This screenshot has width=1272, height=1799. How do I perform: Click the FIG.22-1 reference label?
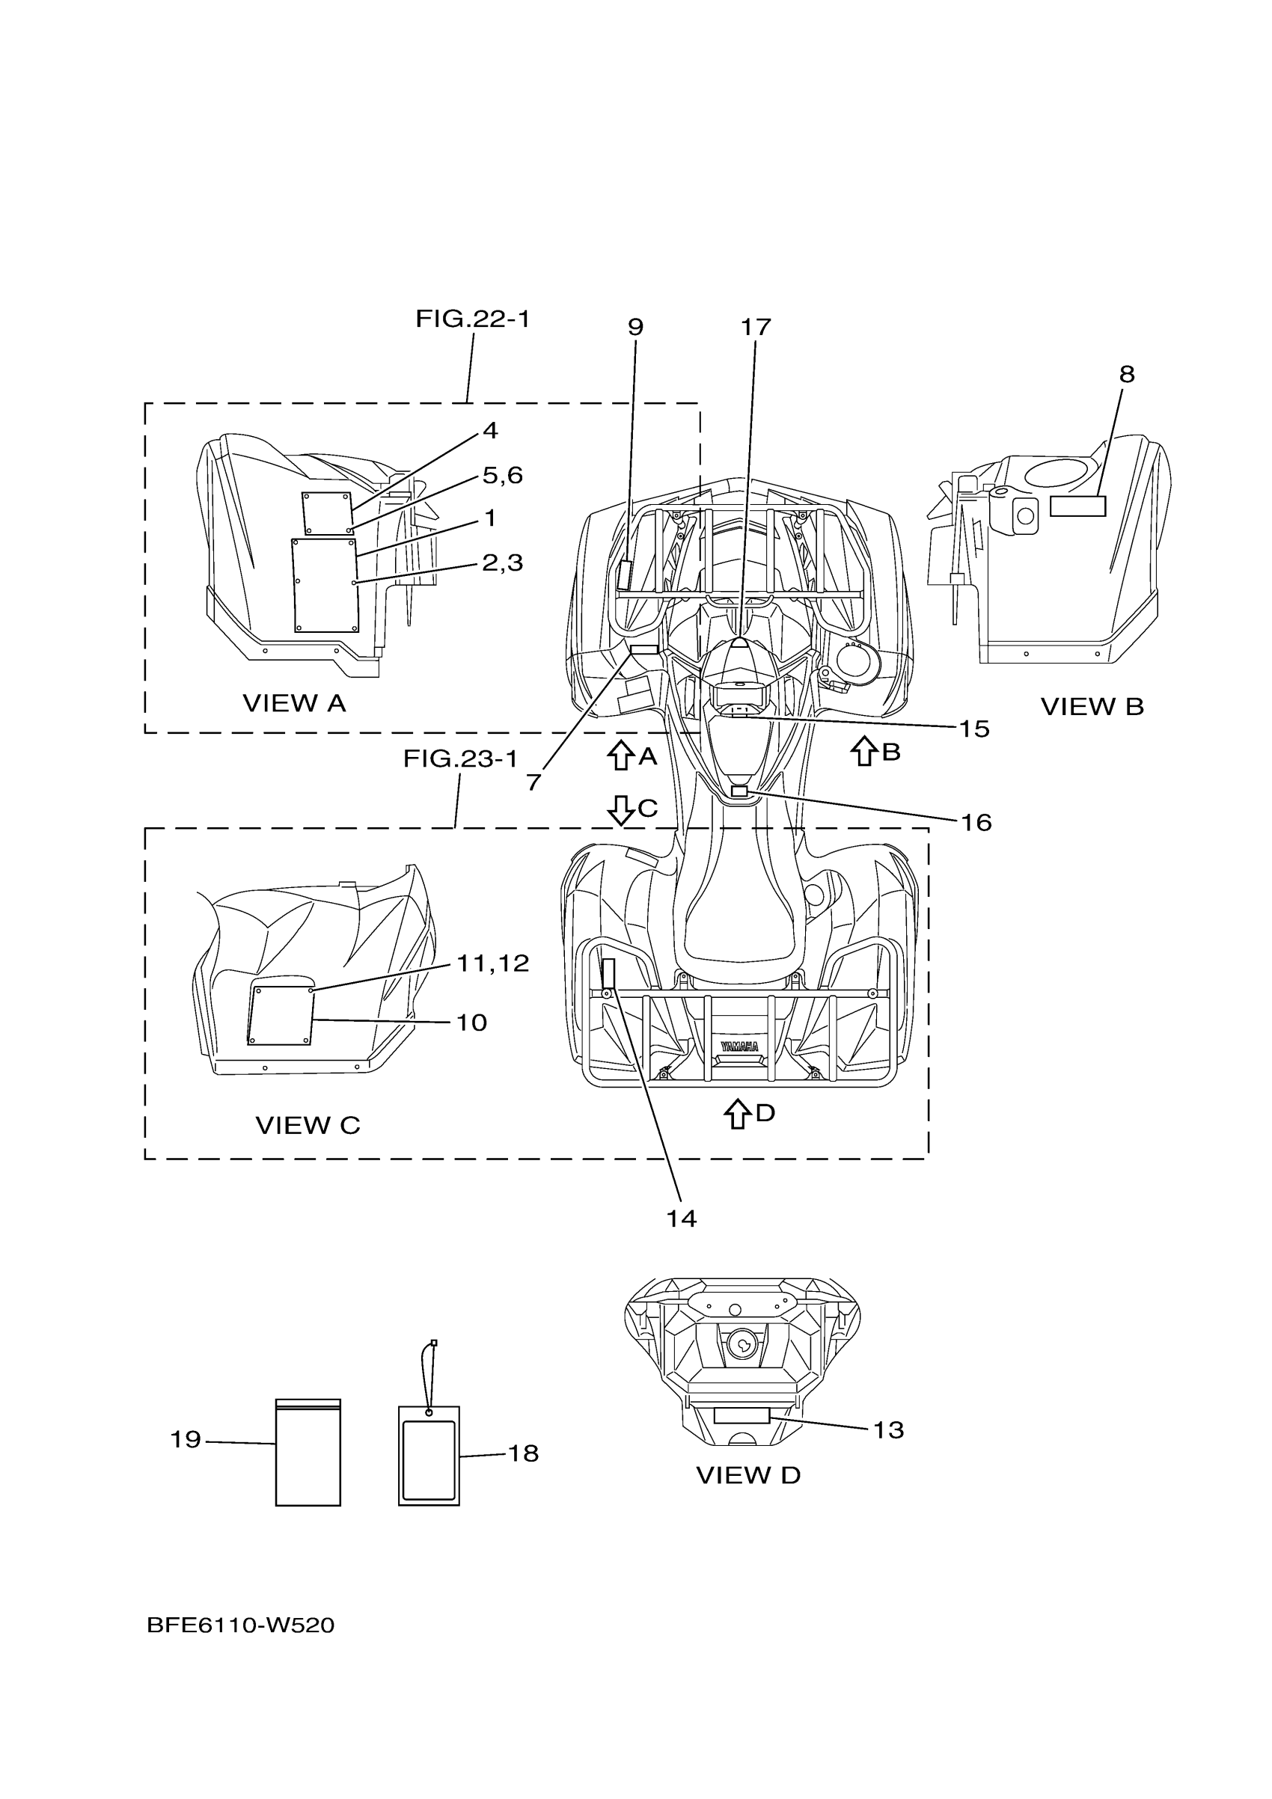click(472, 319)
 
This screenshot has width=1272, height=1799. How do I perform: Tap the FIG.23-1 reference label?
click(460, 758)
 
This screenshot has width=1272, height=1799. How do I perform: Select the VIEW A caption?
click(294, 703)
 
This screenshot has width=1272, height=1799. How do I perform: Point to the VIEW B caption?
click(1092, 707)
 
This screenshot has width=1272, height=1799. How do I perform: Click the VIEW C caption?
click(308, 1125)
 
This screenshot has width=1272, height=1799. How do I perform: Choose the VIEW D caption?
click(747, 1475)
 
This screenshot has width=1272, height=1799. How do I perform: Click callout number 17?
click(756, 327)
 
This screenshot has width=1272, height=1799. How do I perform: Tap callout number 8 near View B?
click(1126, 375)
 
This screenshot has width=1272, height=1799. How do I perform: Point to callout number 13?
click(888, 1430)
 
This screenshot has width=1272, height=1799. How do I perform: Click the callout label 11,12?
click(493, 963)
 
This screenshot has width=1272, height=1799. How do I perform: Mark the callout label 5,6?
click(502, 475)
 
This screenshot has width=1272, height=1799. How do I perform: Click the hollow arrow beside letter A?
click(621, 756)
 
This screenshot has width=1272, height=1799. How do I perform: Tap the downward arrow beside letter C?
click(621, 810)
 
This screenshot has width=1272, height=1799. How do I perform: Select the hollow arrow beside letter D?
click(737, 1112)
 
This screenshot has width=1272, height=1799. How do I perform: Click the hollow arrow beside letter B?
click(863, 752)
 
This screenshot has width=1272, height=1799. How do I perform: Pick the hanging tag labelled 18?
click(429, 1455)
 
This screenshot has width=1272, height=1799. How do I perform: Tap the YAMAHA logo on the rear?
click(739, 1046)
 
